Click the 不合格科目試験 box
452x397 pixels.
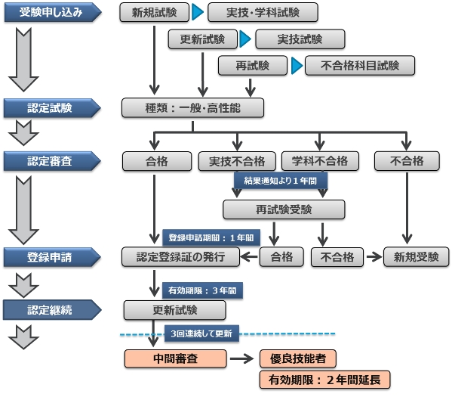[360, 66]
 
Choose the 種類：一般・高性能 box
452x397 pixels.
[193, 107]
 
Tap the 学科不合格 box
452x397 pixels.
[320, 161]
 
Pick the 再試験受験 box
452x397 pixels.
[284, 209]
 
